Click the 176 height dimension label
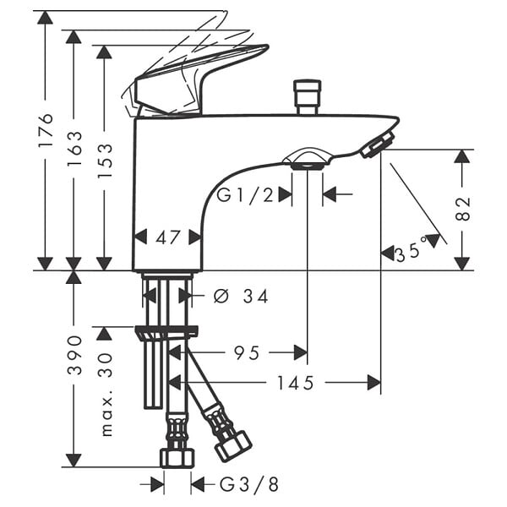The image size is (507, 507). click(45, 129)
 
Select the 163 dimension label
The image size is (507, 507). click(74, 149)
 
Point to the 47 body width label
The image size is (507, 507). click(167, 237)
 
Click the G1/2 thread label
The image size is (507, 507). click(245, 195)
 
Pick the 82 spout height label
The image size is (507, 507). click(462, 209)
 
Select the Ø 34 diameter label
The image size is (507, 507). click(241, 297)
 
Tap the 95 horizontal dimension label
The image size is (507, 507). click(247, 352)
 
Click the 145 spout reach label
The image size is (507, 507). click(296, 383)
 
